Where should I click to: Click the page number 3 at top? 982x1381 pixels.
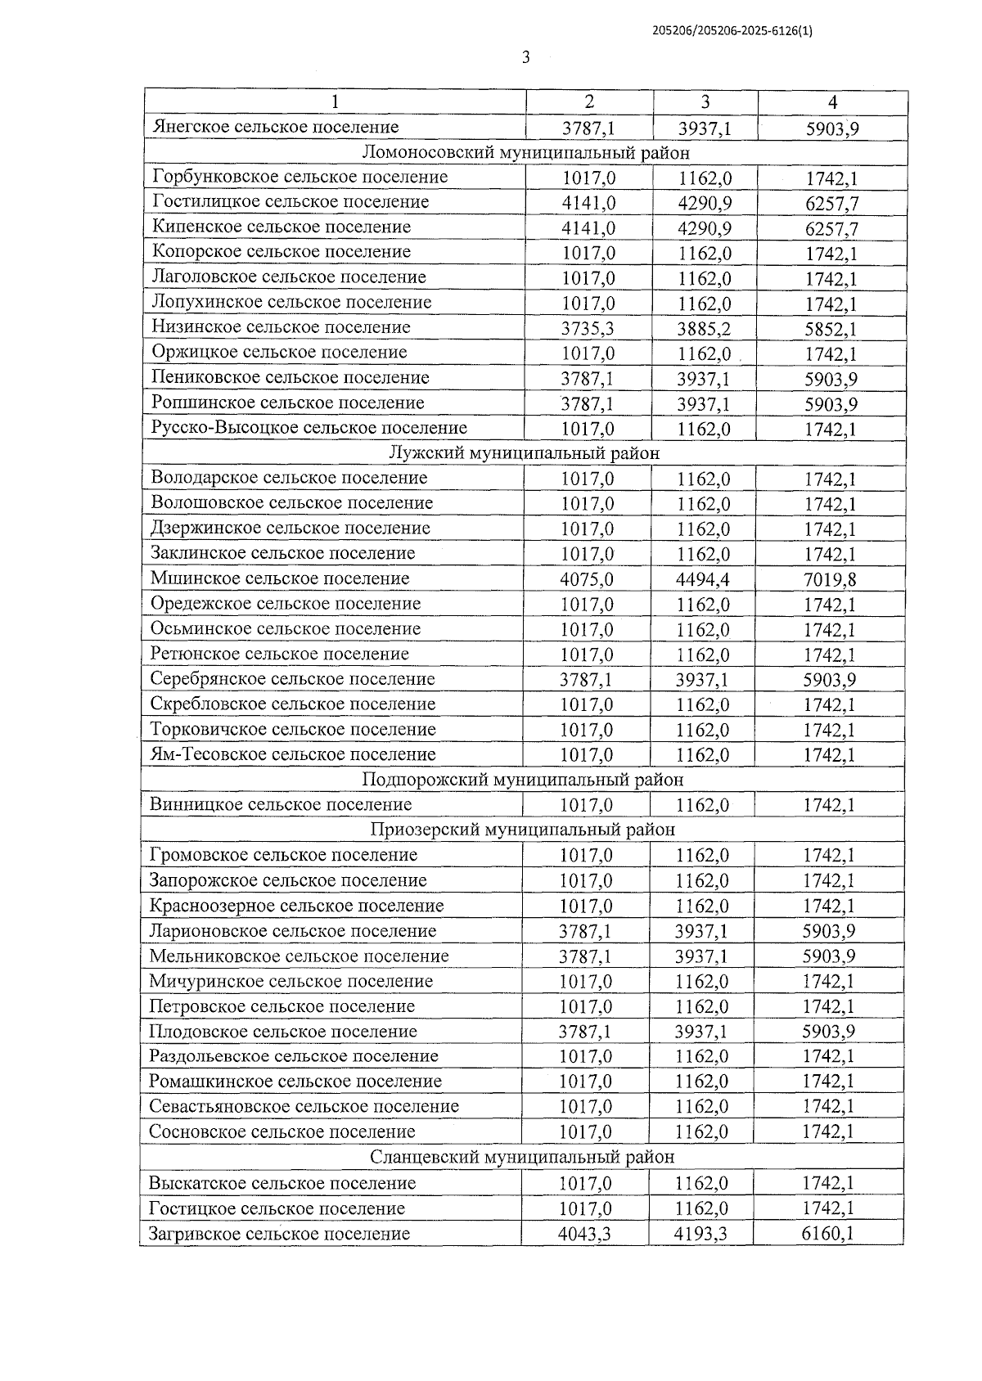[x=525, y=57]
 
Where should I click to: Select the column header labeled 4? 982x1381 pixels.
[x=832, y=102]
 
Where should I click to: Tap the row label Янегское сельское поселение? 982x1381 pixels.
[x=276, y=127]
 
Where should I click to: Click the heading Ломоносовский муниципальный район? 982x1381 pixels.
[x=525, y=152]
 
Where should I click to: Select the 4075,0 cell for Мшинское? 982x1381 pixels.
[x=586, y=580]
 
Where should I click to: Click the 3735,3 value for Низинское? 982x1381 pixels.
[x=588, y=328]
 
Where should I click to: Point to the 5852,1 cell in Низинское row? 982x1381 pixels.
[x=831, y=328]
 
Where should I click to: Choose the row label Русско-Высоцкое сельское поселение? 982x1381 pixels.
[x=309, y=428]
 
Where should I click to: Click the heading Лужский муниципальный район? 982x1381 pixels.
[x=524, y=452]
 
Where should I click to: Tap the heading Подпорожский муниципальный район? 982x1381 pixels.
[x=522, y=780]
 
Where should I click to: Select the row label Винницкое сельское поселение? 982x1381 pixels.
[x=280, y=805]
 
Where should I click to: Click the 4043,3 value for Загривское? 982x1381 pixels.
[x=584, y=1234]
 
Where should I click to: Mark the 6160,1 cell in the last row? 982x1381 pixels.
[x=828, y=1234]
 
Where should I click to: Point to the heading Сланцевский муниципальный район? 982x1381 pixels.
[x=522, y=1158]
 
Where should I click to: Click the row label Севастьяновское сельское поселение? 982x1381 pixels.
[x=304, y=1107]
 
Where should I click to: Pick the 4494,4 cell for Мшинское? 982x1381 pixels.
[x=703, y=580]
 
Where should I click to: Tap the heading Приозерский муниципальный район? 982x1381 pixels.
[x=522, y=830]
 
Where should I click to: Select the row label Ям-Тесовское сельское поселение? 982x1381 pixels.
[x=293, y=754]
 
